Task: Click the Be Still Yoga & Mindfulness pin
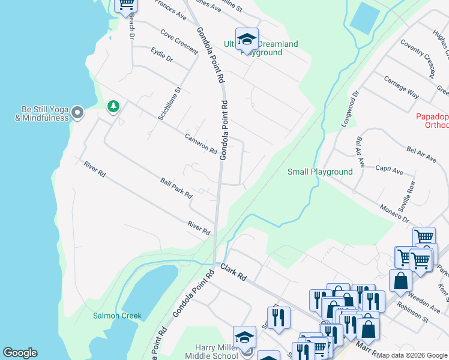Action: coord(77,113)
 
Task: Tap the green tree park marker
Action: coord(113,107)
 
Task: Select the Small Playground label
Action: coord(320,172)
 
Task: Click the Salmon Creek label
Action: coord(116,316)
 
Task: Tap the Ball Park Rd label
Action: coord(176,188)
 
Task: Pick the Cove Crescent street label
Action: coord(179,43)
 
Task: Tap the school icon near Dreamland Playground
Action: coord(246,40)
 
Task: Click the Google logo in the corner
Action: coord(20,353)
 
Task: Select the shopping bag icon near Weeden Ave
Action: coord(400,280)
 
